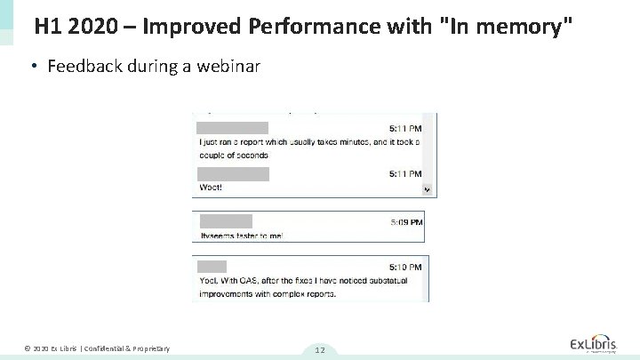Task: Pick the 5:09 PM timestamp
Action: coord(406,221)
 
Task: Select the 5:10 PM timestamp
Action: coord(406,266)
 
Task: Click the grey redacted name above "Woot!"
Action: coord(231,172)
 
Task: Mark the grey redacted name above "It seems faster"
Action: coord(226,220)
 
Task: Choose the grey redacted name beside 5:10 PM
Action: coord(212,266)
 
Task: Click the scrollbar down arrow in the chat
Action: coord(427,189)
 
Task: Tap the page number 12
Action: coord(319,350)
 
